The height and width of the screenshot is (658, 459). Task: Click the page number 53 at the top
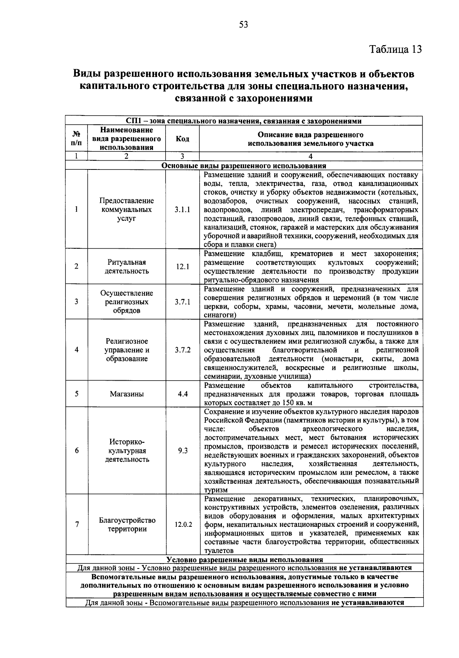[x=244, y=25]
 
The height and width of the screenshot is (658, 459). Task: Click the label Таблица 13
[x=395, y=49]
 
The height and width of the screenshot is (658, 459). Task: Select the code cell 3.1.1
[x=182, y=210]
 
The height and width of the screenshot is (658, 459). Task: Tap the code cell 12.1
[x=182, y=267]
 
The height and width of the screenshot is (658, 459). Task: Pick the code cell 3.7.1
[x=182, y=302]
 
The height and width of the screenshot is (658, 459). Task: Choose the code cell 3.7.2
[x=182, y=350]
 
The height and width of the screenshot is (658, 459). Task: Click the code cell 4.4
[x=182, y=394]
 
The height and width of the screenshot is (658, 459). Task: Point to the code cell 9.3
[x=182, y=451]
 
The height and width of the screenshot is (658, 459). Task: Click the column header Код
[x=182, y=139]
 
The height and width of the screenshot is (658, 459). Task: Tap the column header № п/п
[x=76, y=139]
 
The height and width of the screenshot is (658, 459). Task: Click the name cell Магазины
[x=127, y=394]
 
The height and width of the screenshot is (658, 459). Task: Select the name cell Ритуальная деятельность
[x=127, y=267]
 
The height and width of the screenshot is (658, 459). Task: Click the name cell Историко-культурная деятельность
[x=127, y=451]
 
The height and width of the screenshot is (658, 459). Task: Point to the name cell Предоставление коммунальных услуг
[x=127, y=210]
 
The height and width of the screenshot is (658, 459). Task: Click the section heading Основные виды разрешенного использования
[x=244, y=166]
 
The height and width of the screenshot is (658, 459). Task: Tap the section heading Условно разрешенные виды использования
[x=244, y=560]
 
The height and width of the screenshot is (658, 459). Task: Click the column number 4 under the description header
[x=311, y=156]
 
